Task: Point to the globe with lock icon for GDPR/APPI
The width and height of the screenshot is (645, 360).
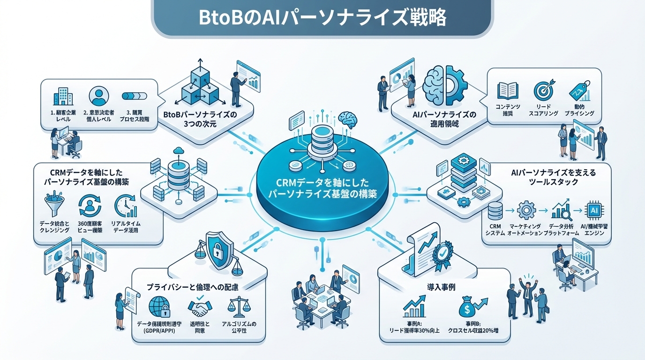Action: pyautogui.click(x=159, y=307)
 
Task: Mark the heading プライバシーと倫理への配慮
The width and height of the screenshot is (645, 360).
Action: pyautogui.click(x=192, y=287)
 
